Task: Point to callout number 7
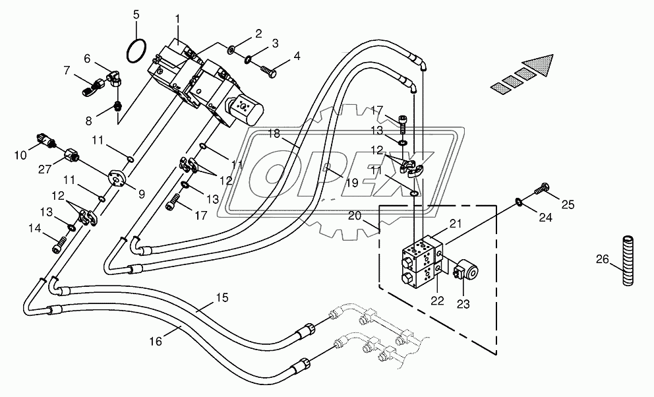point(67,70)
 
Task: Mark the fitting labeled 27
point(72,157)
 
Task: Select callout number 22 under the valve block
point(437,301)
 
